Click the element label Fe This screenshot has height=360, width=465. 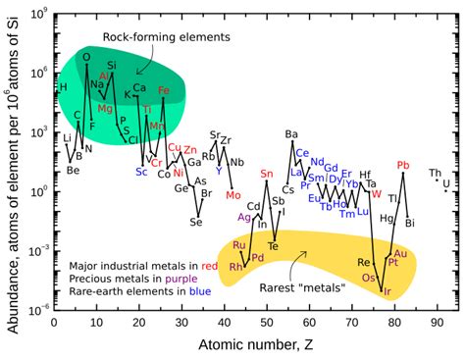click(164, 90)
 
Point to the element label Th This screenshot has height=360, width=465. click(435, 174)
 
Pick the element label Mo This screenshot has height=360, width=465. click(232, 194)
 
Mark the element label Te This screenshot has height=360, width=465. click(274, 245)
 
